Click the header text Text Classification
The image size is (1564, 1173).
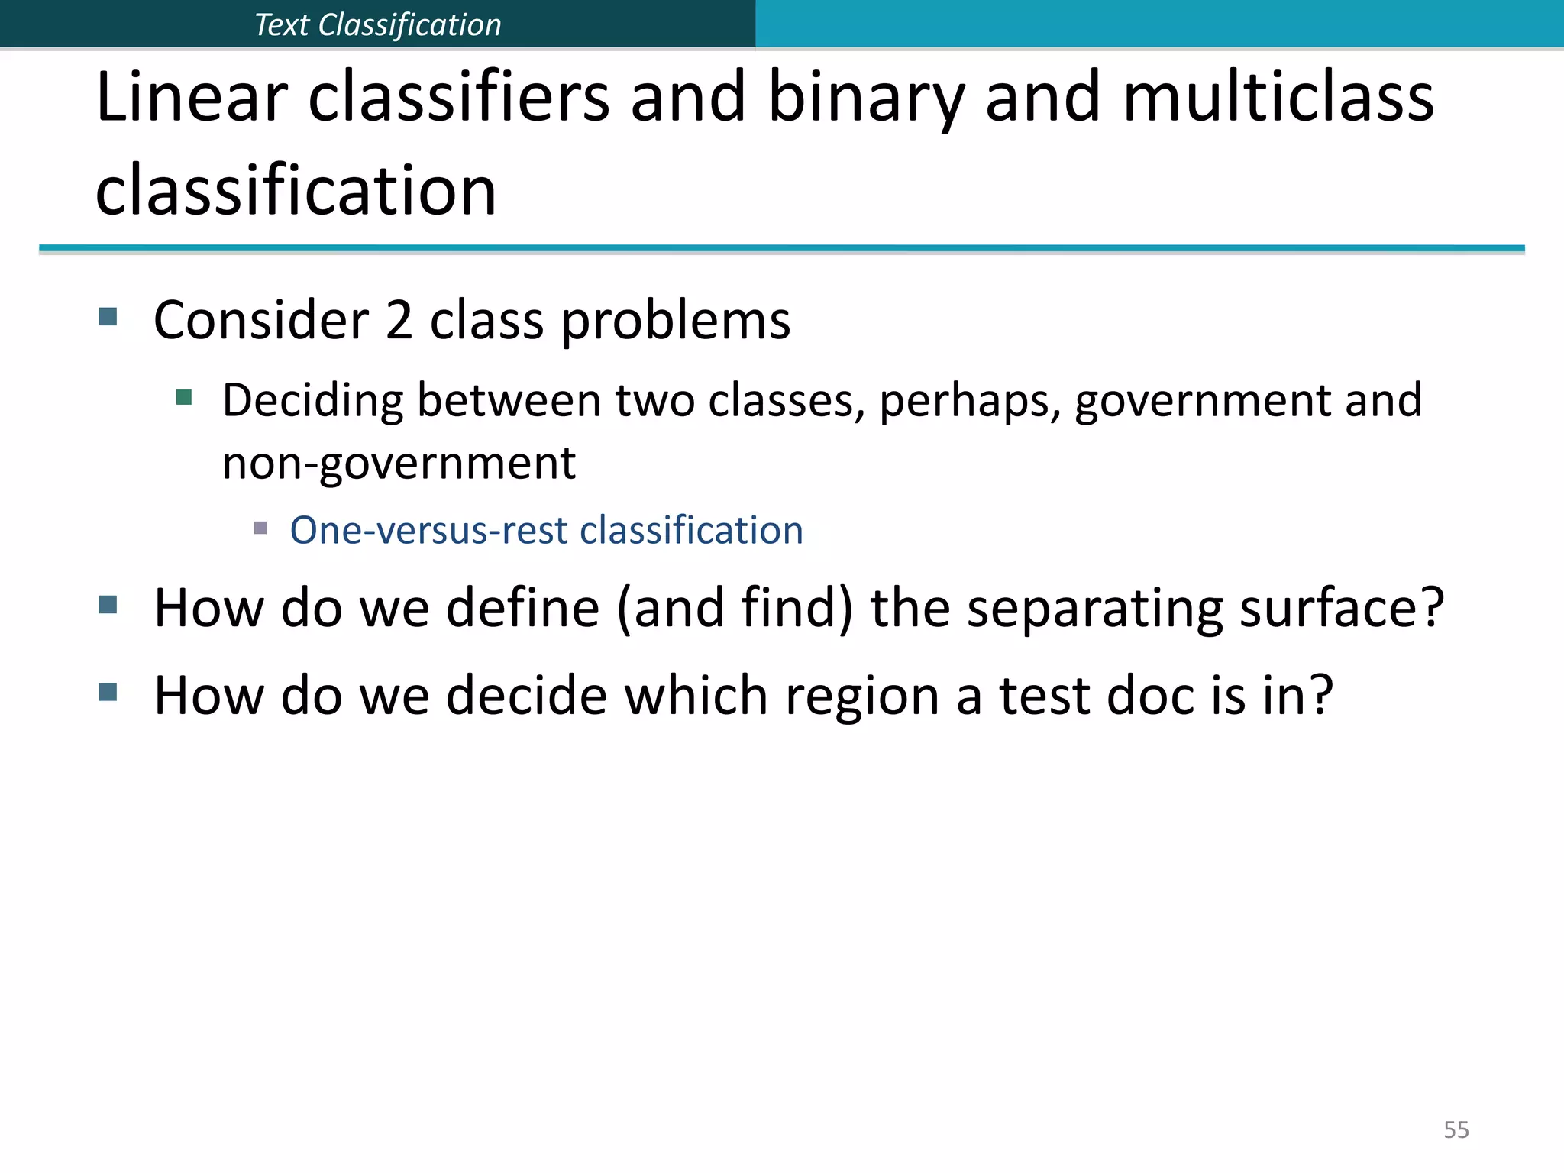(377, 25)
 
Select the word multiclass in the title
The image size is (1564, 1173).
(1278, 98)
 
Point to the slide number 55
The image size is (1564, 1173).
(1456, 1129)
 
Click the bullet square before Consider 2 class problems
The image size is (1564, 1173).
(108, 317)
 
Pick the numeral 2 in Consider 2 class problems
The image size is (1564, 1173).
(399, 320)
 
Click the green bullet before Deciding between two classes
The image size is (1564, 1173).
(184, 397)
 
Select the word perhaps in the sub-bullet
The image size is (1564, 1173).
(969, 402)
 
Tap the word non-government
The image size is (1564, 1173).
(399, 464)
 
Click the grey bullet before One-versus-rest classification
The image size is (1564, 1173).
(260, 528)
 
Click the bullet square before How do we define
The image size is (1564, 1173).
(108, 606)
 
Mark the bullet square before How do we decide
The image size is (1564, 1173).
(108, 693)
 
